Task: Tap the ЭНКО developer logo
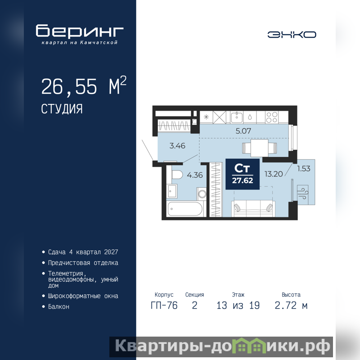point(292,35)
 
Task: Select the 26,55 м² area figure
point(84,86)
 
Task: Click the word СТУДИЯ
point(62,109)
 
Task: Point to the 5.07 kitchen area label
point(243,131)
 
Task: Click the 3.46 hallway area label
point(177,145)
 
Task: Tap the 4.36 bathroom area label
point(195,175)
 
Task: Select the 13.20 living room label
point(274,174)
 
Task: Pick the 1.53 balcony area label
point(303,168)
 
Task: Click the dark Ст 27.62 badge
point(243,174)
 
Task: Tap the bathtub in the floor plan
point(185,209)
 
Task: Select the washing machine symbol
point(201,194)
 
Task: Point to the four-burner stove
point(272,117)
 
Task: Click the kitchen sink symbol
point(237,117)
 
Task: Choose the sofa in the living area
point(253,208)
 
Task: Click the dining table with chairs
point(260,148)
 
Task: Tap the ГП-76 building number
point(164,306)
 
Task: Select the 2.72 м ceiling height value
point(291,306)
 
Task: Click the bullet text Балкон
point(58,307)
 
